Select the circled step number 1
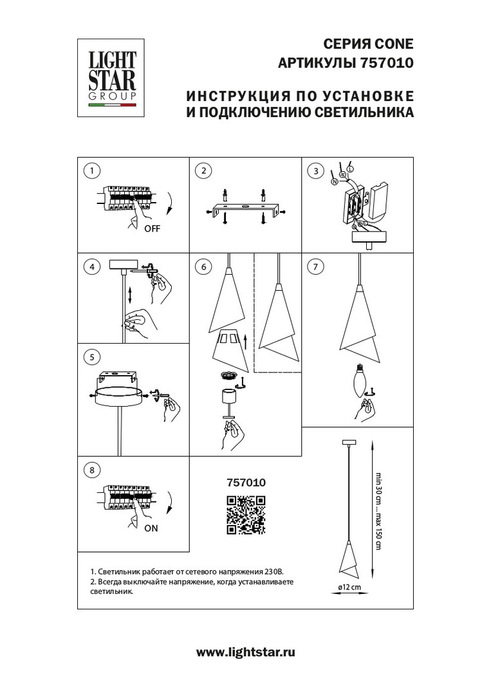[93, 171]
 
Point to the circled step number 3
[315, 171]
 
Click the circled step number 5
[93, 357]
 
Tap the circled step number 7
[315, 266]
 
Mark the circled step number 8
[93, 470]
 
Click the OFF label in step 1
[153, 229]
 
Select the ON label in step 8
[151, 528]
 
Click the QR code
[246, 515]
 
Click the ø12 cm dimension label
[349, 587]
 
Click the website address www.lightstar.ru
[245, 652]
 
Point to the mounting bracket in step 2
[245, 208]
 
